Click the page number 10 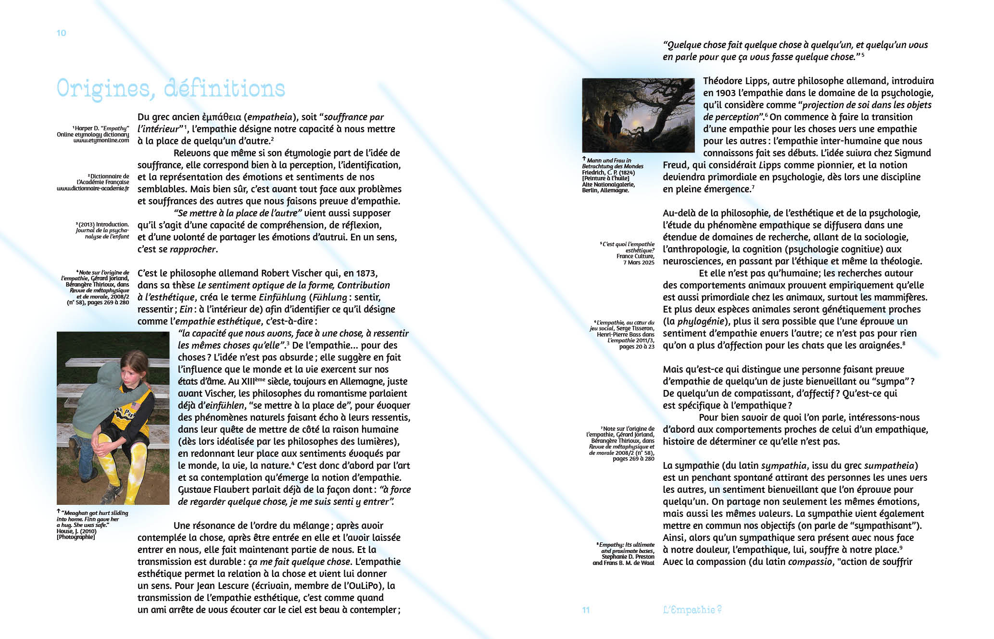pyautogui.click(x=61, y=33)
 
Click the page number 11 pyautogui.click(x=586, y=610)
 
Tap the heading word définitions pyautogui.click(x=225, y=89)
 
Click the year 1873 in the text pyautogui.click(x=366, y=273)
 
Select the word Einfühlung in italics pyautogui.click(x=282, y=297)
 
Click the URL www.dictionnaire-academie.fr pyautogui.click(x=93, y=188)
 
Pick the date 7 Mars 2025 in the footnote pyautogui.click(x=639, y=263)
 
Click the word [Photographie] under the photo pyautogui.click(x=75, y=537)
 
